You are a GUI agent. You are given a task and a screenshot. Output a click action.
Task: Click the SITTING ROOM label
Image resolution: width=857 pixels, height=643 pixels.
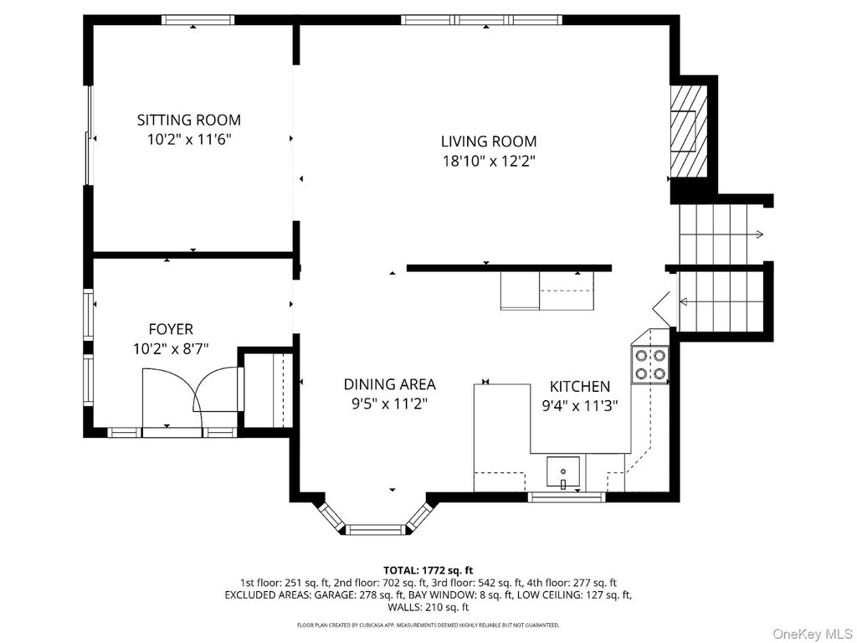(x=188, y=120)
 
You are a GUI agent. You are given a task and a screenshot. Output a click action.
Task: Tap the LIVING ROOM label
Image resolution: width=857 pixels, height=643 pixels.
(x=489, y=141)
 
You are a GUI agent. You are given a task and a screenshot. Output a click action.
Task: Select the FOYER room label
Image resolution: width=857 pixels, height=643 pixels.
(x=171, y=329)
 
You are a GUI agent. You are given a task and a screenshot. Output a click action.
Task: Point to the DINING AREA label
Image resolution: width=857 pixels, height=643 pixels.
(x=389, y=384)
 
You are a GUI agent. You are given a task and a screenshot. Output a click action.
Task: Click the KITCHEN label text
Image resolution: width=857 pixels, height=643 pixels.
(x=579, y=387)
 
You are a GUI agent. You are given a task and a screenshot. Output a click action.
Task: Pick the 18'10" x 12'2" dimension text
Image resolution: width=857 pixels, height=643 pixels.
(x=489, y=162)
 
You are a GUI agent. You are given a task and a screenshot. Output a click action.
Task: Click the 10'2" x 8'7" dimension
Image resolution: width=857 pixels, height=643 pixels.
(x=171, y=349)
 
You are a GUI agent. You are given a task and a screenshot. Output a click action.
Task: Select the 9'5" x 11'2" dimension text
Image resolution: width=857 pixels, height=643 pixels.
(x=389, y=404)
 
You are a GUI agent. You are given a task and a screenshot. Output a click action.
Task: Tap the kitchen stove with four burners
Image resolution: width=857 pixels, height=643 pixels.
(x=649, y=365)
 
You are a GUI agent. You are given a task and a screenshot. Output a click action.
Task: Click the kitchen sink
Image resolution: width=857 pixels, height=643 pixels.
(x=563, y=472)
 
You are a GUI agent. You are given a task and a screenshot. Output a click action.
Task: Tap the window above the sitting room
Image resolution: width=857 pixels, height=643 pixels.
(x=198, y=20)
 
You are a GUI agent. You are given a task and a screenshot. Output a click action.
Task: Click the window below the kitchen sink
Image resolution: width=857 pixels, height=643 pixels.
(x=567, y=497)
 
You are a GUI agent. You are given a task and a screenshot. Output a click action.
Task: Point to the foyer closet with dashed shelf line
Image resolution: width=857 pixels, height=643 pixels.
(x=268, y=389)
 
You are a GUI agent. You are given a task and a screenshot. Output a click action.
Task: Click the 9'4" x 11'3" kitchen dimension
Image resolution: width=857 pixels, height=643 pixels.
(x=579, y=406)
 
